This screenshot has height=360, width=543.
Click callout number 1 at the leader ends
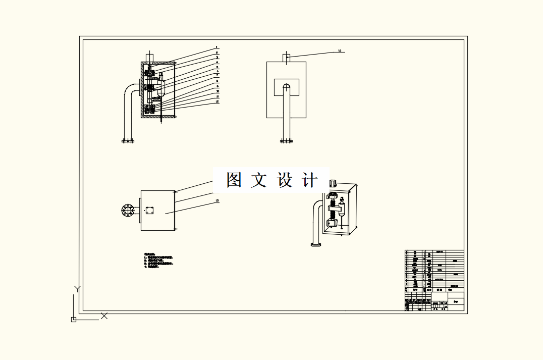pyautogui.click(x=217, y=47)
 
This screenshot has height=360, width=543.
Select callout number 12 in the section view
pyautogui.click(x=217, y=102)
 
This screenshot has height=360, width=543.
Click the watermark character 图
pyautogui.click(x=234, y=180)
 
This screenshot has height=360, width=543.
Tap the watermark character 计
pyautogui.click(x=309, y=180)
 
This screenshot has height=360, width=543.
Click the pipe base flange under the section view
pyautogui.click(x=128, y=141)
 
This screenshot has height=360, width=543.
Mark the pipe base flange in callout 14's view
pyautogui.click(x=286, y=141)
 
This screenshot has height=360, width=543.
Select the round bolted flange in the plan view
pyautogui.click(x=128, y=211)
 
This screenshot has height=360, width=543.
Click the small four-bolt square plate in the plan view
pyautogui.click(x=149, y=211)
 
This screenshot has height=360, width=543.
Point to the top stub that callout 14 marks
pyautogui.click(x=286, y=58)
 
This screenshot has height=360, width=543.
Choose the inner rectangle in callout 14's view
pyautogui.click(x=286, y=87)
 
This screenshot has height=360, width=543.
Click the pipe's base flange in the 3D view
pyautogui.click(x=316, y=245)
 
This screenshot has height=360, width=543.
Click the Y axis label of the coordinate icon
pyautogui.click(x=77, y=289)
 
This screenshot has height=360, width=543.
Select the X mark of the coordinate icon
pyautogui.click(x=104, y=316)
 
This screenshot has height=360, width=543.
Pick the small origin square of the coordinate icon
pyautogui.click(x=74, y=320)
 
